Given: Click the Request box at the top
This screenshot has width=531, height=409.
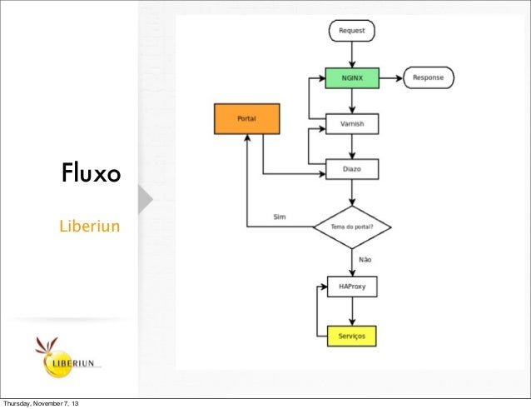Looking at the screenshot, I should (x=352, y=32).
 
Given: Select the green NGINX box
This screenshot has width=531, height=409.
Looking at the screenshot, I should (x=352, y=78).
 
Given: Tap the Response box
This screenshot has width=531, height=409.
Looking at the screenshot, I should (x=429, y=78).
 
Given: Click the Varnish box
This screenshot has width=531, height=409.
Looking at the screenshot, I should (x=352, y=124).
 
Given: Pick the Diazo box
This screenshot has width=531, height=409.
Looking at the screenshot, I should (x=352, y=170).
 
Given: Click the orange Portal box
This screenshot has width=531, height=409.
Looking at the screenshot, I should (x=246, y=119).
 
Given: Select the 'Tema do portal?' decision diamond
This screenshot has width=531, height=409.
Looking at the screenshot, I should (x=352, y=227).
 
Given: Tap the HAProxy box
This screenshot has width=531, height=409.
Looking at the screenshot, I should (x=352, y=287).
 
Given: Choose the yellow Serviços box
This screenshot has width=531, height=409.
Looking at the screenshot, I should (x=352, y=336).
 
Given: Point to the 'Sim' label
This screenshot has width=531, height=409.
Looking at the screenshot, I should (x=280, y=217).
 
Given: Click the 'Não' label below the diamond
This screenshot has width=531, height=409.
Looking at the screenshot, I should (x=365, y=260).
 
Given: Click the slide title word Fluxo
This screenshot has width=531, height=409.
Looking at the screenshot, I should (x=91, y=175).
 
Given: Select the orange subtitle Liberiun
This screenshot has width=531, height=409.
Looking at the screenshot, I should (x=89, y=226).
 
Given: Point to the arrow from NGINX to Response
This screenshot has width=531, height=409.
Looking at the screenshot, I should (x=391, y=78).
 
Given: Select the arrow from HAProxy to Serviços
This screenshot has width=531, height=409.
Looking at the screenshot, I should (x=352, y=312).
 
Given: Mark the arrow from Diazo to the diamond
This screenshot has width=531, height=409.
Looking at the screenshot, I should (x=352, y=192).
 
